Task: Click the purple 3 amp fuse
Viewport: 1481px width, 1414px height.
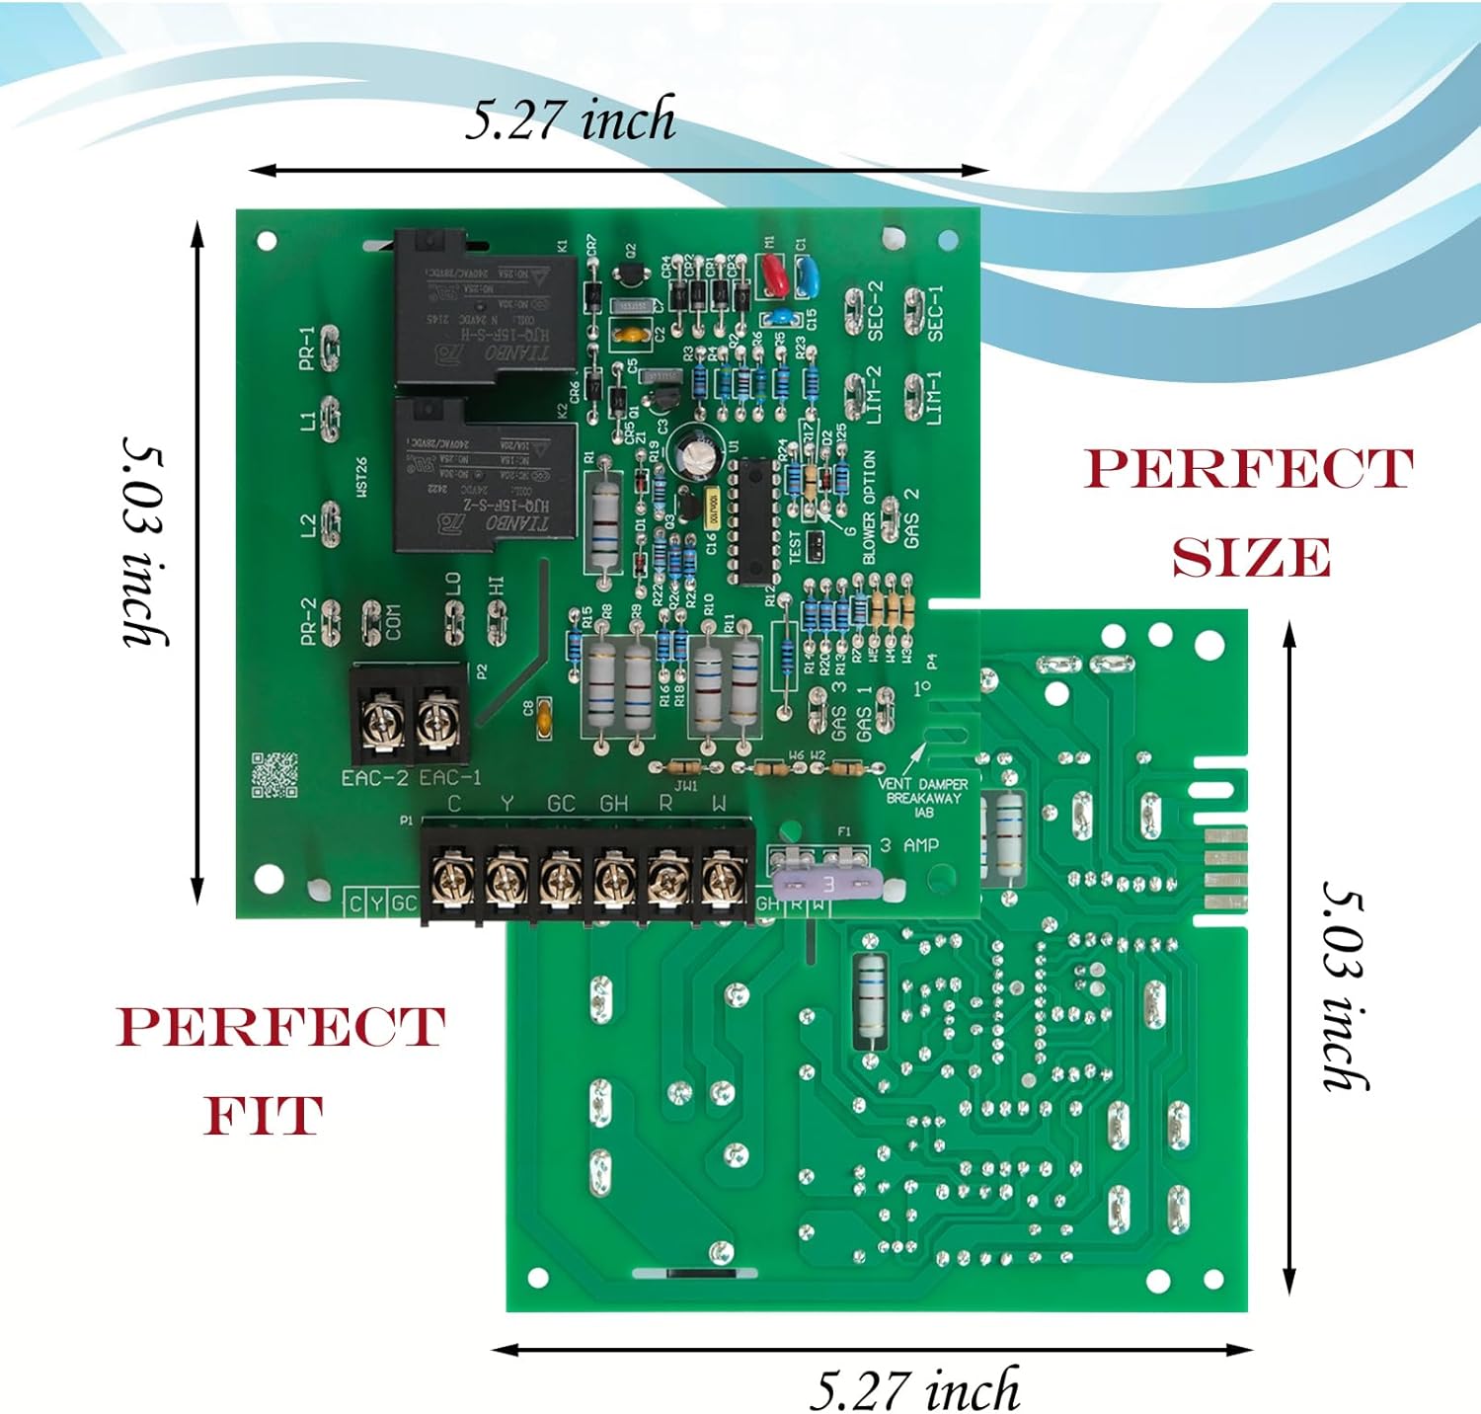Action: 825,884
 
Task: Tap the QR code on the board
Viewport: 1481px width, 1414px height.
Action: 273,775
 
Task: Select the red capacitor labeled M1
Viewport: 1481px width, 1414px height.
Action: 773,275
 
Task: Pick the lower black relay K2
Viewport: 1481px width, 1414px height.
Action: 484,478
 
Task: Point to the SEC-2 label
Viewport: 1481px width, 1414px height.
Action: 875,311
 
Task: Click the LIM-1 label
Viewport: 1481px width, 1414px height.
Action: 934,397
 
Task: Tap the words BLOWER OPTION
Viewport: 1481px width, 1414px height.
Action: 869,508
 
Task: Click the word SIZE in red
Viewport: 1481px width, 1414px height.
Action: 1251,559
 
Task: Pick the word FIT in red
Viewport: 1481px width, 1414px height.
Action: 263,1117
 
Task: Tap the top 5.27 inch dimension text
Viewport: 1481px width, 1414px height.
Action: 571,119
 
